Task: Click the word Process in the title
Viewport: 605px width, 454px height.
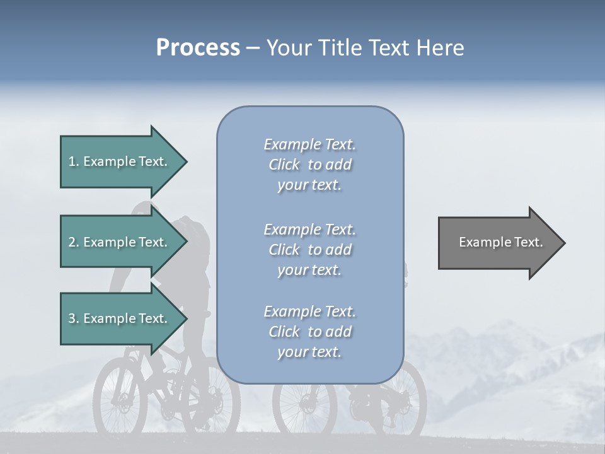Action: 198,48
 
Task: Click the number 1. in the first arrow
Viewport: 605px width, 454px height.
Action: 74,161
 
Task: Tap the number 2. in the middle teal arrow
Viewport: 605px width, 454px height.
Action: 74,242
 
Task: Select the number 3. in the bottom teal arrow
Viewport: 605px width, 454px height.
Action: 74,318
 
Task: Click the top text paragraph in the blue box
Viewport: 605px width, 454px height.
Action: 309,165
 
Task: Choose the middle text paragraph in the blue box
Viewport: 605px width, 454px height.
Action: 309,250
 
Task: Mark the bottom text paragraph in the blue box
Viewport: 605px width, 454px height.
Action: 309,332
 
